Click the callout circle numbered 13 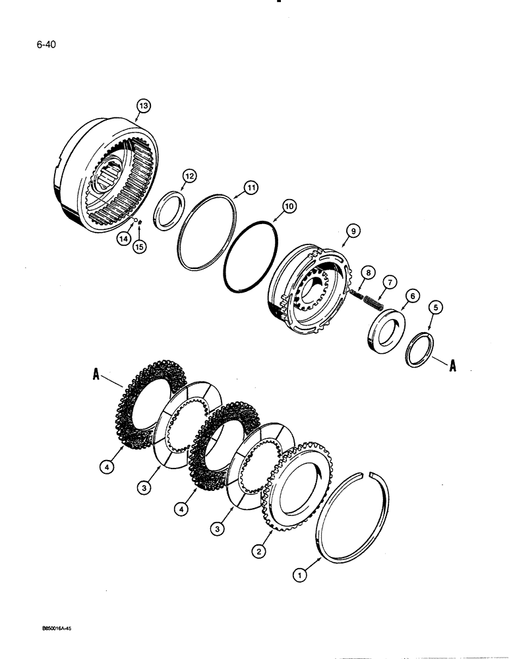144,105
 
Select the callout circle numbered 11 251,188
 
